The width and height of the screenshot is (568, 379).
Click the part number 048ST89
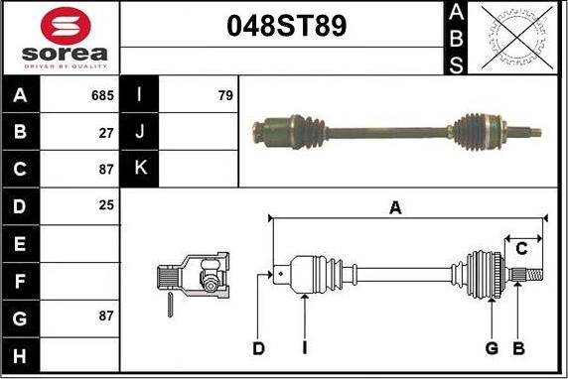[282, 26]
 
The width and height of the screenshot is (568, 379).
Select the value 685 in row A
[103, 96]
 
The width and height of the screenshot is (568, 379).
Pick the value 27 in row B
[107, 132]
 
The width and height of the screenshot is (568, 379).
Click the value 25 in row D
[107, 205]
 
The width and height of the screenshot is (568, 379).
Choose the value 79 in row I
[225, 96]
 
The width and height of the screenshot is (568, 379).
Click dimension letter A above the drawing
[395, 207]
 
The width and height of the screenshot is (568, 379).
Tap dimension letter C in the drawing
[520, 248]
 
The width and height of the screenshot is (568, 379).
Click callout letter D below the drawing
[258, 348]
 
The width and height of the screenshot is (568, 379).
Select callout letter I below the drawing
[305, 348]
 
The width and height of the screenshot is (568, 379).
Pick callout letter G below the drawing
[491, 348]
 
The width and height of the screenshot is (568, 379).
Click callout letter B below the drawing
[517, 348]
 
